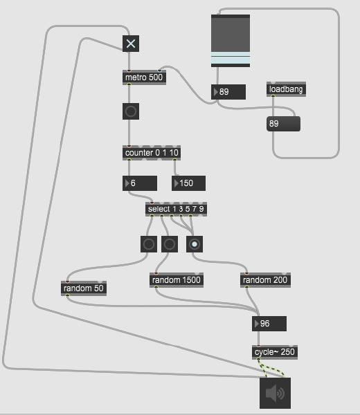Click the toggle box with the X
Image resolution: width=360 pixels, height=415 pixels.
[131, 44]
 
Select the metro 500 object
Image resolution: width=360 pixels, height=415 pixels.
[145, 77]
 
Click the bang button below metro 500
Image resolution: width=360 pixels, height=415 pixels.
[131, 111]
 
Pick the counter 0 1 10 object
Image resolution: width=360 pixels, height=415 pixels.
[152, 153]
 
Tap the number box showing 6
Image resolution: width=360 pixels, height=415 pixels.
[140, 183]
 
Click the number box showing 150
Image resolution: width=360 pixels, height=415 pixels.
[188, 183]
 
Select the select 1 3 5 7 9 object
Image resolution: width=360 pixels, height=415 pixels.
[176, 209]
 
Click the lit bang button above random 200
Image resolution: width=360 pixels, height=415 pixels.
[195, 244]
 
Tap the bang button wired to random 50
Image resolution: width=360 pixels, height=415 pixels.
[149, 244]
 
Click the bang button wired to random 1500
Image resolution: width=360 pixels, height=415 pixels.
[170, 244]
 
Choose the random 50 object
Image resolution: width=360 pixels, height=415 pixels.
[84, 288]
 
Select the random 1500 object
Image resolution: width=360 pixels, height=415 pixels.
[177, 280]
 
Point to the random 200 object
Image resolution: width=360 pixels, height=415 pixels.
[265, 280]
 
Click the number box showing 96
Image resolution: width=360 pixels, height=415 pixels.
[269, 324]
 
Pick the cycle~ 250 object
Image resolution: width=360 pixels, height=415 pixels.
[275, 352]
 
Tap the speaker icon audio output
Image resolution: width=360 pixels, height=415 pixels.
[276, 394]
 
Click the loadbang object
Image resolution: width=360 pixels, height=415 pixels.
[286, 89]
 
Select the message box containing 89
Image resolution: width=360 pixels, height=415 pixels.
[283, 124]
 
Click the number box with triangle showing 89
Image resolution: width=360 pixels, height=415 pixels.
[228, 92]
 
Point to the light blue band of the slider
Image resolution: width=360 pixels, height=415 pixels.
[231, 57]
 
